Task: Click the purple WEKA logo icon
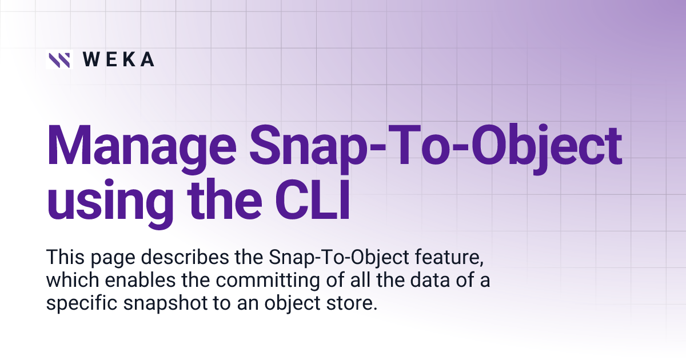pos(59,59)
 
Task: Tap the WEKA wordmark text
pos(118,59)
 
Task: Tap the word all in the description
pos(339,281)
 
